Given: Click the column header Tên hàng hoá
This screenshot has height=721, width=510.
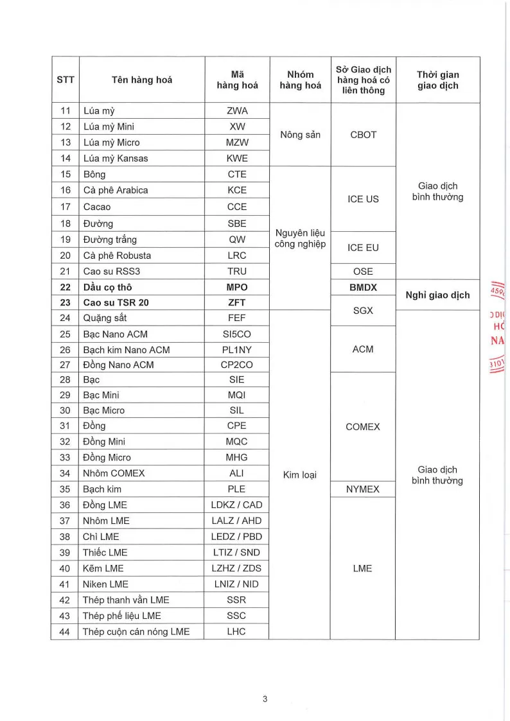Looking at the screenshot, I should (x=141, y=80).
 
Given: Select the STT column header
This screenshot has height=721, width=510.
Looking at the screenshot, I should (x=66, y=80).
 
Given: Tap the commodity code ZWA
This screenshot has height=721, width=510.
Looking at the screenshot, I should (x=237, y=111).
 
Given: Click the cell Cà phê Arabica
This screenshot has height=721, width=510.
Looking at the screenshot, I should (x=116, y=190).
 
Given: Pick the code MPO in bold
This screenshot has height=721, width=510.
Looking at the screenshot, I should (x=237, y=287).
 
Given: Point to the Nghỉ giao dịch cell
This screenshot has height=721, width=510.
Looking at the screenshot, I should (x=437, y=295).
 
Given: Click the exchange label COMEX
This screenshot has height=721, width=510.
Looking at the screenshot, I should (x=363, y=427).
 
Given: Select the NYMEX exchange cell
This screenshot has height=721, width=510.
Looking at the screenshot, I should (x=363, y=489).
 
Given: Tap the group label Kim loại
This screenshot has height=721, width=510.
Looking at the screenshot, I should (x=300, y=475).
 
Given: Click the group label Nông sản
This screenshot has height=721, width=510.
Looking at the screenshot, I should (x=300, y=135).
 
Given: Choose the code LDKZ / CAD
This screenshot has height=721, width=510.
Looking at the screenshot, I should (x=237, y=505).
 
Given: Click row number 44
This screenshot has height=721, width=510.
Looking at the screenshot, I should (x=64, y=632).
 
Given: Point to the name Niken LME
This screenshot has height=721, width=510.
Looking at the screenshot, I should (x=106, y=584).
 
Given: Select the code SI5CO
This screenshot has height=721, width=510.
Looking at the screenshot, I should (x=237, y=334).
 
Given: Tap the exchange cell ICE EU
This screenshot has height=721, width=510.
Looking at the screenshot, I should (x=363, y=247).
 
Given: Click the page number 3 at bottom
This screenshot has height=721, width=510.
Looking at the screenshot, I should (x=265, y=699).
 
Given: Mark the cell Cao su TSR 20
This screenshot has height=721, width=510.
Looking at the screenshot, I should (x=116, y=302).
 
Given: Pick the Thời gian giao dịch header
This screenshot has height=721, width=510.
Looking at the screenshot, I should (x=437, y=80).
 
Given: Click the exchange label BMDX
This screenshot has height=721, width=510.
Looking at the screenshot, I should (x=363, y=288).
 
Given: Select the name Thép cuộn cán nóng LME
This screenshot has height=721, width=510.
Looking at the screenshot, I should (x=136, y=632).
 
